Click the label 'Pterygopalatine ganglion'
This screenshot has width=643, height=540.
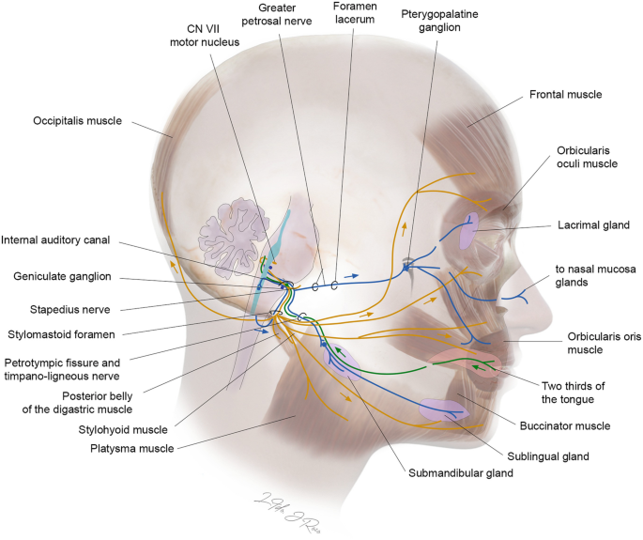pyautogui.click(x=435, y=23)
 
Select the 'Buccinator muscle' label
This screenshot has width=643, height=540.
pyautogui.click(x=572, y=425)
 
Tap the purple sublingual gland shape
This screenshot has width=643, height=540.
pyautogui.click(x=444, y=409)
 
